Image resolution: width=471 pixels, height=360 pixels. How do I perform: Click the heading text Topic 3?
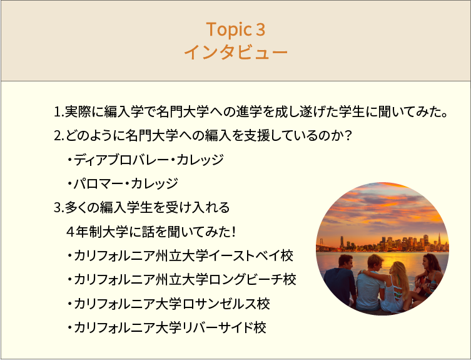[x=236, y=29]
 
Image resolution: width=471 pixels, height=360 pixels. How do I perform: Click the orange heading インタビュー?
[x=236, y=52]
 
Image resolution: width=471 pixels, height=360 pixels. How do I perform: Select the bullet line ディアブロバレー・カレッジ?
[x=145, y=160]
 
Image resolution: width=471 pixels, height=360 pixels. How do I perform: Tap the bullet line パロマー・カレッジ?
[x=123, y=183]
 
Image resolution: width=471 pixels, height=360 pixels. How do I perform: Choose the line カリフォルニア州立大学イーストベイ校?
[x=180, y=255]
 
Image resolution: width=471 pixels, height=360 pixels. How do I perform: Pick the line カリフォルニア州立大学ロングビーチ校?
[x=181, y=279]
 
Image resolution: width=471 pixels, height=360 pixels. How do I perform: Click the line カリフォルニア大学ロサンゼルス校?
[x=168, y=304]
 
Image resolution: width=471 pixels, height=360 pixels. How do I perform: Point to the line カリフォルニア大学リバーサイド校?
[x=167, y=327]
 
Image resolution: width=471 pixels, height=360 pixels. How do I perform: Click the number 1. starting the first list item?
[x=59, y=112]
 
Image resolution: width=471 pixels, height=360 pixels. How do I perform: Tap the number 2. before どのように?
[x=59, y=136]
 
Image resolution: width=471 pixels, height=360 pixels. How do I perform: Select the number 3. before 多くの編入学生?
[x=59, y=208]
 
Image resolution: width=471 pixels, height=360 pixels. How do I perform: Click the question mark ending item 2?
[x=347, y=136]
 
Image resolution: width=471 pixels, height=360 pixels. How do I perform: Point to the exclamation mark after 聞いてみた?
[x=233, y=232]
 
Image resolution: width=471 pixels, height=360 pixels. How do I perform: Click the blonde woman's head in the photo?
[x=398, y=269]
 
